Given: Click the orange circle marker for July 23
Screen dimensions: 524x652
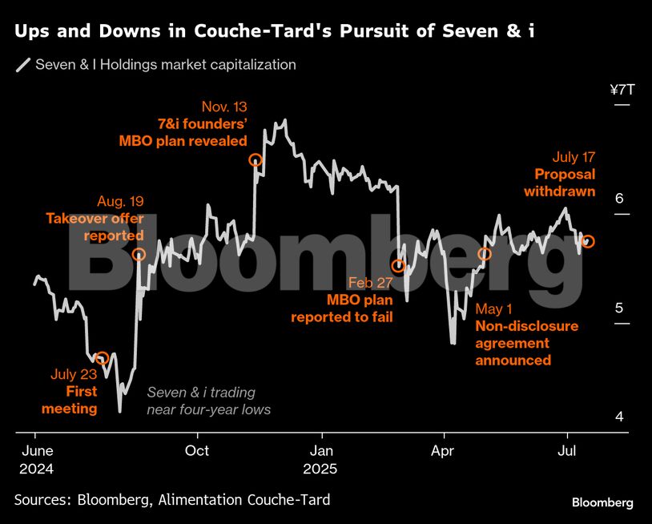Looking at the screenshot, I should (x=102, y=358).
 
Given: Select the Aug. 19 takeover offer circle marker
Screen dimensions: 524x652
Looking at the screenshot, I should (x=139, y=254).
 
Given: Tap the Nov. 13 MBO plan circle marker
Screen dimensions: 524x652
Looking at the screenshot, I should (x=256, y=160).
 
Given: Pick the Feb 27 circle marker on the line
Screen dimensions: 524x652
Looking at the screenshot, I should (x=397, y=266).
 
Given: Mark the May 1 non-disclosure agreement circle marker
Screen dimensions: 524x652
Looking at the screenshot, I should (x=485, y=255).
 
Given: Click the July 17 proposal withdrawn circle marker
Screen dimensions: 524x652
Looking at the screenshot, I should (x=588, y=241).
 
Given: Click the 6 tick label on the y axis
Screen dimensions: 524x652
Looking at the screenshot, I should (x=618, y=200).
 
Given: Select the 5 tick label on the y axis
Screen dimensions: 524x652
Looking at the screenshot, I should (x=618, y=308).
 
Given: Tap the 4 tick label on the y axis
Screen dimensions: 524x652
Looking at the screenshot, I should (x=618, y=417).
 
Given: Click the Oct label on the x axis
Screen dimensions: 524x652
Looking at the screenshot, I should (x=197, y=450).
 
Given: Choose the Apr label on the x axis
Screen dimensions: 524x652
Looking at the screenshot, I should (x=443, y=450).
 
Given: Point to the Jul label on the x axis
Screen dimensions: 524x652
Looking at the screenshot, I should (x=567, y=450).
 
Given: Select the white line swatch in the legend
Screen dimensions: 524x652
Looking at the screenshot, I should (x=23, y=65).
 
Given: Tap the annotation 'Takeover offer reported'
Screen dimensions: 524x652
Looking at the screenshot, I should (x=95, y=227).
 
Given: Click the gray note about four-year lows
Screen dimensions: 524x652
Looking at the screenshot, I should (x=208, y=401).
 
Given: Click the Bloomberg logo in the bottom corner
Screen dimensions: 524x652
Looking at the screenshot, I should (x=602, y=502).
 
